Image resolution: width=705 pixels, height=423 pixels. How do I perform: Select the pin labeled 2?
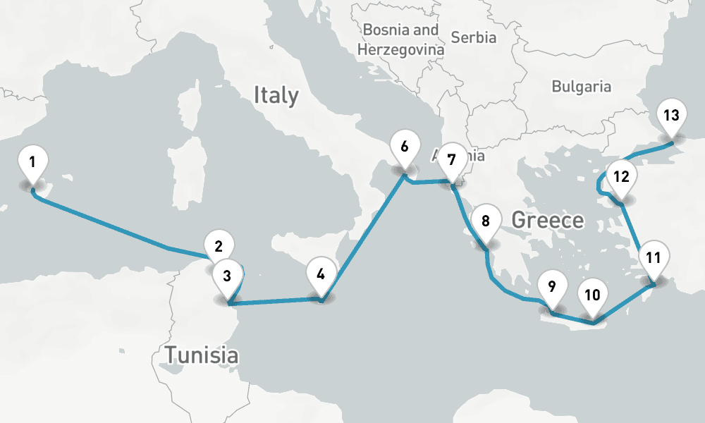click(x=219, y=247)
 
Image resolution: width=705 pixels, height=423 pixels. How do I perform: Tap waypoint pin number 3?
click(x=227, y=276)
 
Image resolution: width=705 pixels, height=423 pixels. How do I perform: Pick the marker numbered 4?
click(x=321, y=274)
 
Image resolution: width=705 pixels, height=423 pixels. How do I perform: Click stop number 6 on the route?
click(x=404, y=147)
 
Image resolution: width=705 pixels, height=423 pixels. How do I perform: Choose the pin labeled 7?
click(x=452, y=159)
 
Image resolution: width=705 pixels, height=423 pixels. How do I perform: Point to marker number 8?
click(x=485, y=221)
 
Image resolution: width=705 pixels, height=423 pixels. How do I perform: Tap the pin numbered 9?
click(x=551, y=287)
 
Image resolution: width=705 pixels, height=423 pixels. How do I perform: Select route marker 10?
click(x=592, y=295)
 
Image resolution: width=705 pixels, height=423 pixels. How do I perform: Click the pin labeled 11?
click(x=654, y=257)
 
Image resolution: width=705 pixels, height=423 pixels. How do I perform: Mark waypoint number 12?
click(x=620, y=177)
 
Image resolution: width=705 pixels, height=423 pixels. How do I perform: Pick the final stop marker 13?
click(x=671, y=116)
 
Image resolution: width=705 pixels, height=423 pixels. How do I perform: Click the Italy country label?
click(x=276, y=94)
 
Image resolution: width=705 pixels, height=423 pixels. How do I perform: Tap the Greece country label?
click(x=547, y=220)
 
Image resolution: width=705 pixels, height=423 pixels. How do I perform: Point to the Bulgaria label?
click(x=581, y=87)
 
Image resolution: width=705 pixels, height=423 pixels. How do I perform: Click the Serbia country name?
click(x=473, y=37)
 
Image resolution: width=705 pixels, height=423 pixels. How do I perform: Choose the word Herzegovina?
click(x=400, y=50)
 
